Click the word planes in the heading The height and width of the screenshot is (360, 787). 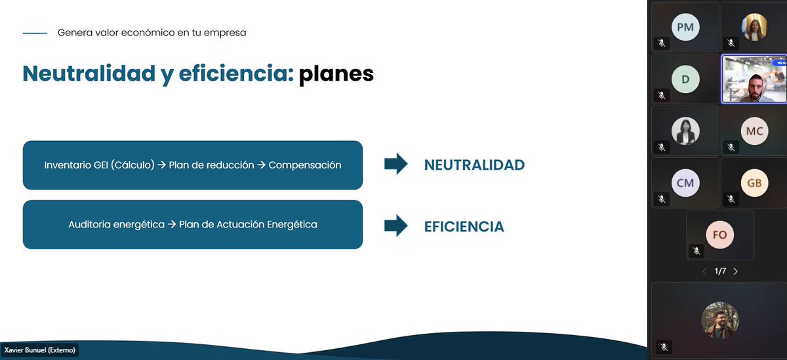(336, 74)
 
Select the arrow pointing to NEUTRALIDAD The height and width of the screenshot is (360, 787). (395, 165)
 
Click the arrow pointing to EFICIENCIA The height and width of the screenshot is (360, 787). (395, 226)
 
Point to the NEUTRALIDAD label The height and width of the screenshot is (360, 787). (474, 165)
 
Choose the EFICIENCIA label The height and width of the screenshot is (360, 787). (464, 227)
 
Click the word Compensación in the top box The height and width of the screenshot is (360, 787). (305, 165)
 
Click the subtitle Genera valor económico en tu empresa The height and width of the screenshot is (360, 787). (151, 32)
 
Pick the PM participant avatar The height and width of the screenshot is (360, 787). (685, 27)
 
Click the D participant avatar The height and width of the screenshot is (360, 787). (685, 79)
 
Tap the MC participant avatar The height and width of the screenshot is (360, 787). (754, 131)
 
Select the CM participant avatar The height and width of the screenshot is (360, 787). (685, 183)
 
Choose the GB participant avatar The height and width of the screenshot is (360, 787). (754, 183)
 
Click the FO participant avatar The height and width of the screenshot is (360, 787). (719, 235)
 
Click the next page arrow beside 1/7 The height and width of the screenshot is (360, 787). (735, 271)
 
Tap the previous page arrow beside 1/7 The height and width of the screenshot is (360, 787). (704, 271)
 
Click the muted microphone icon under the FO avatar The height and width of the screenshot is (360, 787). (696, 250)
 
